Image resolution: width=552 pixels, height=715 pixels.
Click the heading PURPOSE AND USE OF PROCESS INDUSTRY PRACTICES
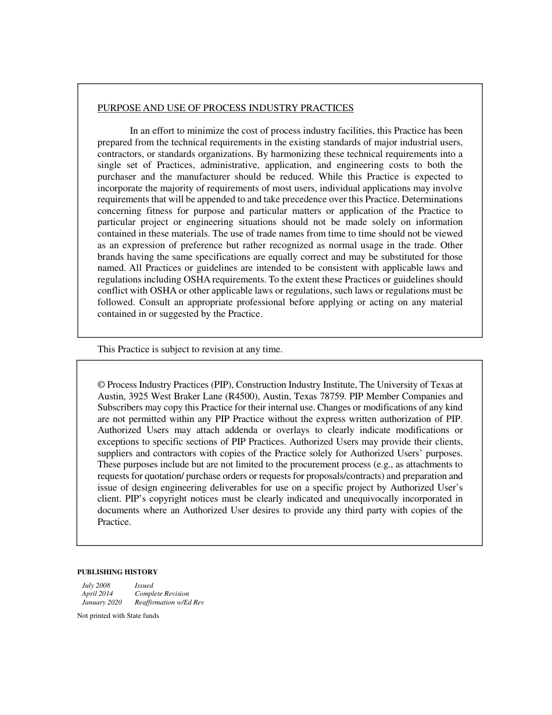[x=225, y=108]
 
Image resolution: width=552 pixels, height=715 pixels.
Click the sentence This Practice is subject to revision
[x=189, y=349]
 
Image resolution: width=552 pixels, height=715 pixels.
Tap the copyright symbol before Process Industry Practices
[x=101, y=385]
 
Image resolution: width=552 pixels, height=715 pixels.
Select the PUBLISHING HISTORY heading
[x=117, y=572]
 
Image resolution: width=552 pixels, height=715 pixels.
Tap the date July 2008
[x=96, y=585]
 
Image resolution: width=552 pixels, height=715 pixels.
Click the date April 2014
[x=97, y=594]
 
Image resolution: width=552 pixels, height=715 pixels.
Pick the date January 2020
[x=102, y=602]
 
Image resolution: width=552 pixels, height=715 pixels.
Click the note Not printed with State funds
[x=118, y=616]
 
